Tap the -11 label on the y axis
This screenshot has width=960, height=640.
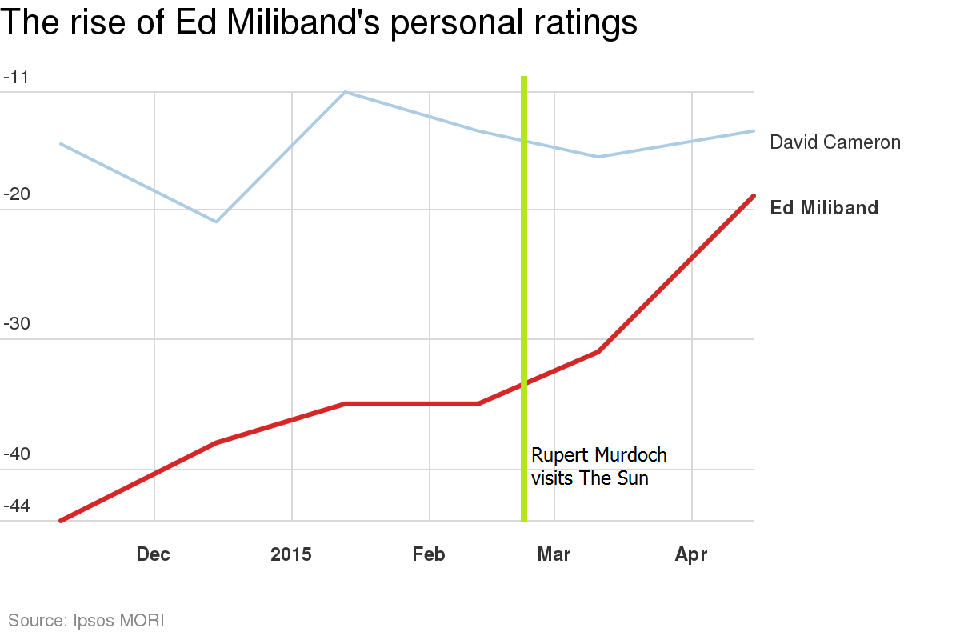tap(16, 78)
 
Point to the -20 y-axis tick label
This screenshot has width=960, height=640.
tap(16, 195)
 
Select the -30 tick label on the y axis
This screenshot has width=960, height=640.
tap(16, 325)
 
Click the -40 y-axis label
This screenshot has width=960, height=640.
tap(16, 455)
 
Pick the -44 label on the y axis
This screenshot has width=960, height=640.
tap(16, 506)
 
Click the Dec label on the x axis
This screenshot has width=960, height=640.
tap(154, 554)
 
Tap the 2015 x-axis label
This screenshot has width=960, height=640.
tap(291, 554)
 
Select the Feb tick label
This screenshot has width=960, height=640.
tap(430, 554)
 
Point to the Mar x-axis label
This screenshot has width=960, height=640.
tap(554, 554)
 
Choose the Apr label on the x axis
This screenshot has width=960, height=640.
tap(691, 554)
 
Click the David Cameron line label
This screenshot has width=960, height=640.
tap(834, 142)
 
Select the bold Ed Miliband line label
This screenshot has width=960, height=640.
tap(824, 208)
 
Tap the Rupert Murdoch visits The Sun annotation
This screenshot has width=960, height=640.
tap(598, 467)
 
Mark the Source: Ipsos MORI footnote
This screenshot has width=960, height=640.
tap(86, 620)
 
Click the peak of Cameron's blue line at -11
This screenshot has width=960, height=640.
tap(345, 92)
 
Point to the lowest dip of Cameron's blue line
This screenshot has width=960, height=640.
tap(216, 222)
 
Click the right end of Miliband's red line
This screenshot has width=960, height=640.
tap(753, 196)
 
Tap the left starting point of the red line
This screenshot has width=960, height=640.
tap(61, 520)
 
